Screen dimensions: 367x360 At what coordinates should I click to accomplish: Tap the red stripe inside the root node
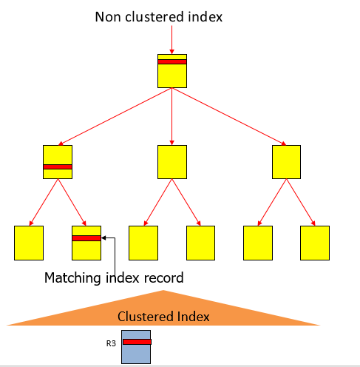(x=171, y=61)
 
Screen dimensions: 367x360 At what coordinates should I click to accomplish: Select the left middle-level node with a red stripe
(x=58, y=161)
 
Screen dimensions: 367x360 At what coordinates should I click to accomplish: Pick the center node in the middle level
(x=171, y=161)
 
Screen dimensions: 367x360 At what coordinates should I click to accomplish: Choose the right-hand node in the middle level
(x=286, y=161)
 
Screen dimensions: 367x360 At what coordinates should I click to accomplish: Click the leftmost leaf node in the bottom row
(x=29, y=243)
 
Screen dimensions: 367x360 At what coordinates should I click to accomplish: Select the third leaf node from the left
(x=143, y=243)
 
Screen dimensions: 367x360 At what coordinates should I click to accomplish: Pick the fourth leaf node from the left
(x=200, y=243)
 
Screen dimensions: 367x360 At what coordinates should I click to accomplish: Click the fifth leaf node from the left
(x=258, y=243)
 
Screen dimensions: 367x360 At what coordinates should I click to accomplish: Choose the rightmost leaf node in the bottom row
(x=315, y=243)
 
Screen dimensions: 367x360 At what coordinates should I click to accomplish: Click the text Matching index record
(x=113, y=279)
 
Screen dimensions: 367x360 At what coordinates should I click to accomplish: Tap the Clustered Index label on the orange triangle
(x=163, y=316)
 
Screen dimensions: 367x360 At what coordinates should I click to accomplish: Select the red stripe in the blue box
(x=137, y=342)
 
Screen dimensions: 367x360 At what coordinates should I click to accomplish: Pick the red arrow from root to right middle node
(x=229, y=116)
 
